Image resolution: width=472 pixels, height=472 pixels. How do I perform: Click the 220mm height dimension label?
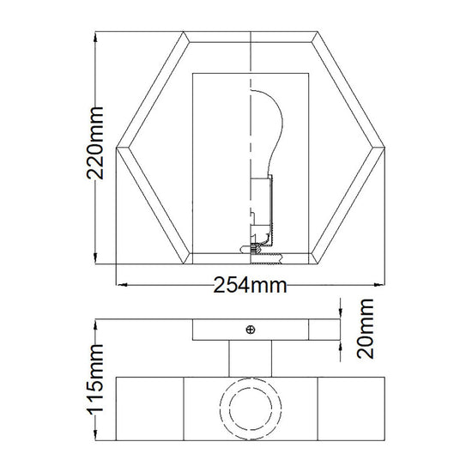(x=95, y=143)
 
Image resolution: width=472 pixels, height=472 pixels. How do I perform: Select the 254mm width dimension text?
(x=250, y=286)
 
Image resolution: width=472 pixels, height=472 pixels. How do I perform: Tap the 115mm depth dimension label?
(x=96, y=379)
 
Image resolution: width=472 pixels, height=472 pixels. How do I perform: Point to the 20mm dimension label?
(x=365, y=329)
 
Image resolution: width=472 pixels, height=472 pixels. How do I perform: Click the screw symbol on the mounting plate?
(x=251, y=330)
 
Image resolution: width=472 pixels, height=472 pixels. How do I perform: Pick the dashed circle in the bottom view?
(x=251, y=408)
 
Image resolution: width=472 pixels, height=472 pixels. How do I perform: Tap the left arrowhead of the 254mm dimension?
(x=122, y=284)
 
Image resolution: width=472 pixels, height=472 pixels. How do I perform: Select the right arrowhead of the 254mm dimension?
(x=379, y=284)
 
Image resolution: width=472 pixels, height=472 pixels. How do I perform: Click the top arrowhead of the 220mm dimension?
(x=95, y=37)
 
